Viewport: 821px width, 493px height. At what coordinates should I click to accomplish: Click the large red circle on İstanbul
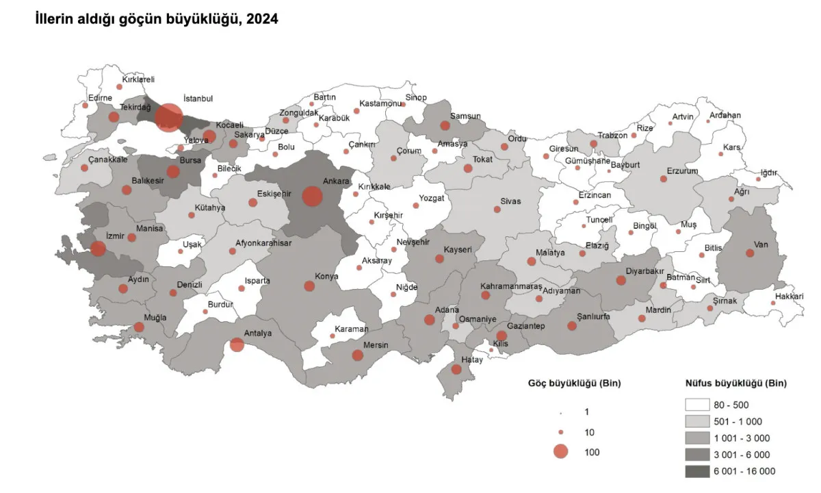[x=168, y=117]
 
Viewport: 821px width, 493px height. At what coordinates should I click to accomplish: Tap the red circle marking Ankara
[x=312, y=197]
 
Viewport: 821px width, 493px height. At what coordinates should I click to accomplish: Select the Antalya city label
[x=258, y=333]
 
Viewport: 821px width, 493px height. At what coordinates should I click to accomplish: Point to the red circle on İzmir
[x=98, y=249]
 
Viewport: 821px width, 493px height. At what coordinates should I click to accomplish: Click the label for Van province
[x=761, y=244]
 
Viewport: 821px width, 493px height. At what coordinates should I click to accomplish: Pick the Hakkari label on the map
[x=790, y=296]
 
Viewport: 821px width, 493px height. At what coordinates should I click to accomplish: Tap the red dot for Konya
[x=309, y=286]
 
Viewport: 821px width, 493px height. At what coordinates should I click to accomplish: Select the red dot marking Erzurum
[x=663, y=179]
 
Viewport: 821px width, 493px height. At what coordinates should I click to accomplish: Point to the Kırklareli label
[x=139, y=79]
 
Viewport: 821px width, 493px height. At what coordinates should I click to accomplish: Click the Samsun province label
[x=466, y=116]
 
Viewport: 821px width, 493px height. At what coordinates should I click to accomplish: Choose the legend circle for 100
[x=560, y=451]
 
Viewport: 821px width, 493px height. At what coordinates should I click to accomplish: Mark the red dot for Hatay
[x=456, y=370]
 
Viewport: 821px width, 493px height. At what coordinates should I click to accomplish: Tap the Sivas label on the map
[x=510, y=201]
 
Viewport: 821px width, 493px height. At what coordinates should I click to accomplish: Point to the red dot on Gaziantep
[x=501, y=336]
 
